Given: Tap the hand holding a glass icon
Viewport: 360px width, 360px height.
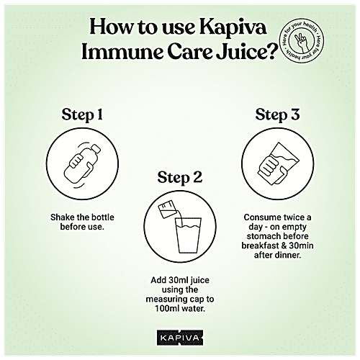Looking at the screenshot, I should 279,166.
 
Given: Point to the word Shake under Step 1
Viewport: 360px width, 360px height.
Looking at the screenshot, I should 65,216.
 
